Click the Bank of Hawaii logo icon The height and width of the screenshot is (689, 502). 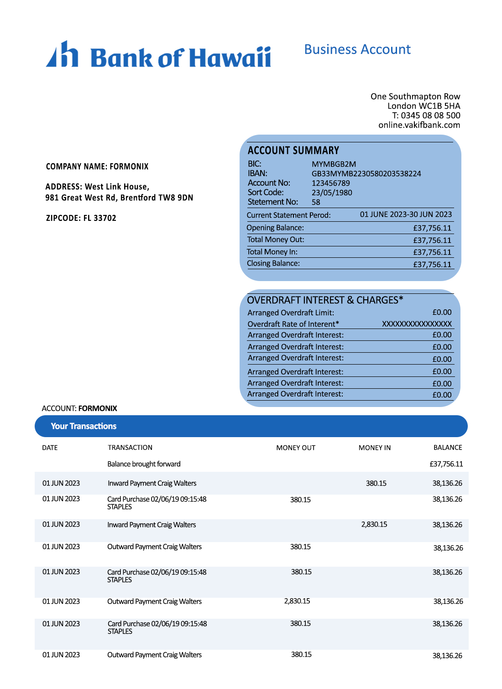pos(62,54)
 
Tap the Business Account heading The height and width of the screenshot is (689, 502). pos(357,49)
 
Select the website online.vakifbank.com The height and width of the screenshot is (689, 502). pos(419,125)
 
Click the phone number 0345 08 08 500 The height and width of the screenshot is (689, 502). pos(430,115)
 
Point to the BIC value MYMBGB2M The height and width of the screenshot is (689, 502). pos(334,164)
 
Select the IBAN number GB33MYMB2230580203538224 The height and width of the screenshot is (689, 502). pos(366,174)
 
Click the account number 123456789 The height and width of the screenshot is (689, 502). pos(330,183)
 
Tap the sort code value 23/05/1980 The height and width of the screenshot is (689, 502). pos(332,193)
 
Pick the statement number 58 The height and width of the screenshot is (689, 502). pos(316,202)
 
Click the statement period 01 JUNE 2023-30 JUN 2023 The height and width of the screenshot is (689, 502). pos(406,214)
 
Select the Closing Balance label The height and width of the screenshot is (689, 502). pos(273,263)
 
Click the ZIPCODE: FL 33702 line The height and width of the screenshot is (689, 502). pos(81,218)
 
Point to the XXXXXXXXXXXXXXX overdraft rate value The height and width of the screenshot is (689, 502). pos(417,324)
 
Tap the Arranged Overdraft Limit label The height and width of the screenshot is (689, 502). pos(291,313)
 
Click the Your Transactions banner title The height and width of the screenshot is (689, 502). pos(84,426)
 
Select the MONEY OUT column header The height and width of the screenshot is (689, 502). pos(296,448)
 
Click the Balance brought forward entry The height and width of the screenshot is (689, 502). pos(144,464)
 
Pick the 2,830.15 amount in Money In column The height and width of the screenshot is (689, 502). pos(374,525)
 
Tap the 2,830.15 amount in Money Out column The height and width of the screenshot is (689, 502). pos(297,601)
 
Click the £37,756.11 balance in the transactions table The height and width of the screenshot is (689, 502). pos(446,464)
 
